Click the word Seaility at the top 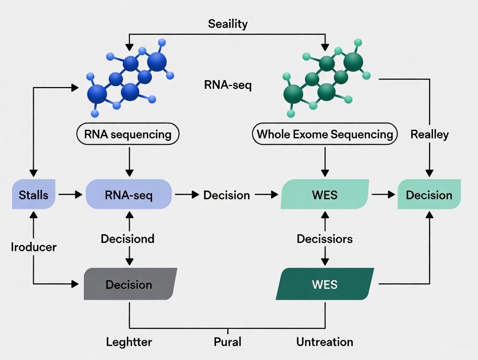click(x=227, y=23)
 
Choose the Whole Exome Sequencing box click(x=324, y=134)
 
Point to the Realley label click(x=429, y=134)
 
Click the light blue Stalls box click(x=34, y=195)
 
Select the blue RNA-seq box click(x=129, y=195)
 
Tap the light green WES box click(x=324, y=195)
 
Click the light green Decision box click(x=429, y=195)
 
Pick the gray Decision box click(x=129, y=284)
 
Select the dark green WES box click(x=325, y=284)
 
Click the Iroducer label click(x=34, y=247)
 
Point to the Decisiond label click(x=127, y=238)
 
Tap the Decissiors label click(x=324, y=238)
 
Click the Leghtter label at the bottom click(x=129, y=342)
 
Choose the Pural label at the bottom click(x=227, y=342)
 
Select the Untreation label click(x=324, y=342)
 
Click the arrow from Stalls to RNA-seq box click(x=70, y=195)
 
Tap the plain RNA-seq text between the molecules click(x=227, y=85)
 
